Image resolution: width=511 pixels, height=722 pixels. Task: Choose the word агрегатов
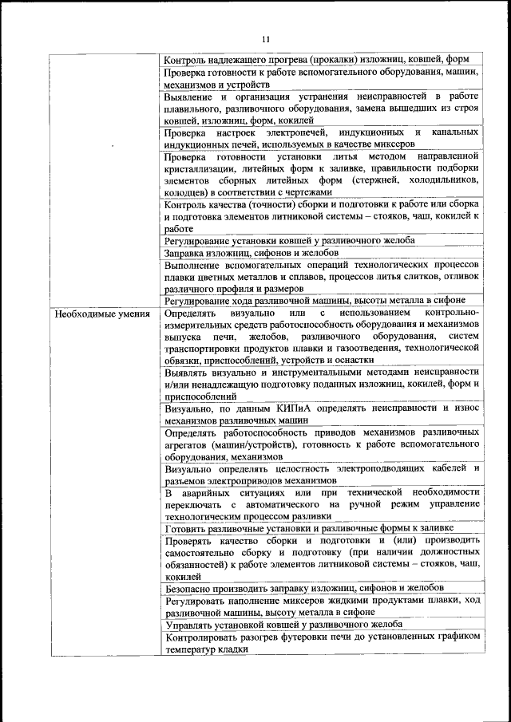tap(188, 445)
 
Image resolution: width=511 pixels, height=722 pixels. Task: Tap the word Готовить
tap(188, 528)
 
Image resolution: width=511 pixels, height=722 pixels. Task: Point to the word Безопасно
tap(191, 588)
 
